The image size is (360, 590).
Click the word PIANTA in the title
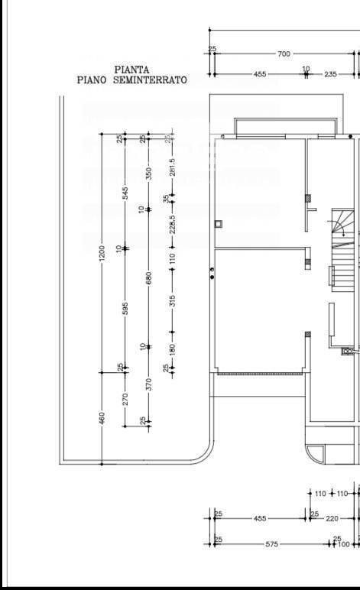131,70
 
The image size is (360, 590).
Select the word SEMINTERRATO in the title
150,79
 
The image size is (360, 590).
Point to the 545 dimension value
125,195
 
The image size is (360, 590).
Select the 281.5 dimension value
173,167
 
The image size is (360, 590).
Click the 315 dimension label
173,302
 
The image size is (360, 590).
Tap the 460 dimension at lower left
102,419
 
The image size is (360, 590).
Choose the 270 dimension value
125,399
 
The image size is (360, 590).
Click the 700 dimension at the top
284,53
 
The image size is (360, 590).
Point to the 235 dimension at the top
331,74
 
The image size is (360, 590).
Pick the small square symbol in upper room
219,225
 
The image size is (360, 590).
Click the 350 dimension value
149,174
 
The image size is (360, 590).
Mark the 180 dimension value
173,350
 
